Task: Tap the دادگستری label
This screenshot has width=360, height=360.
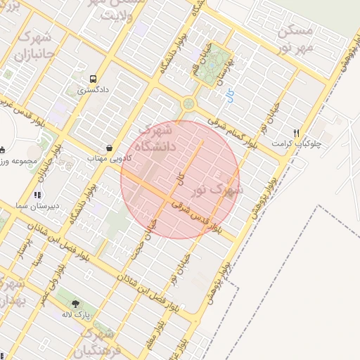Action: pyautogui.click(x=94, y=91)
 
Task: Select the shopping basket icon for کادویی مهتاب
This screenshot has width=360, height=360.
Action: pyautogui.click(x=110, y=148)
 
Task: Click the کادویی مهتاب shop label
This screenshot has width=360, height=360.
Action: pyautogui.click(x=105, y=160)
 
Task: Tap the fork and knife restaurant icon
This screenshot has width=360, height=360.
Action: pyautogui.click(x=297, y=133)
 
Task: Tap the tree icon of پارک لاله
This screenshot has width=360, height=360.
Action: pyautogui.click(x=75, y=303)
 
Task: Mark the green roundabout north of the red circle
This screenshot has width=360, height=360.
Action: pyautogui.click(x=188, y=105)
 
